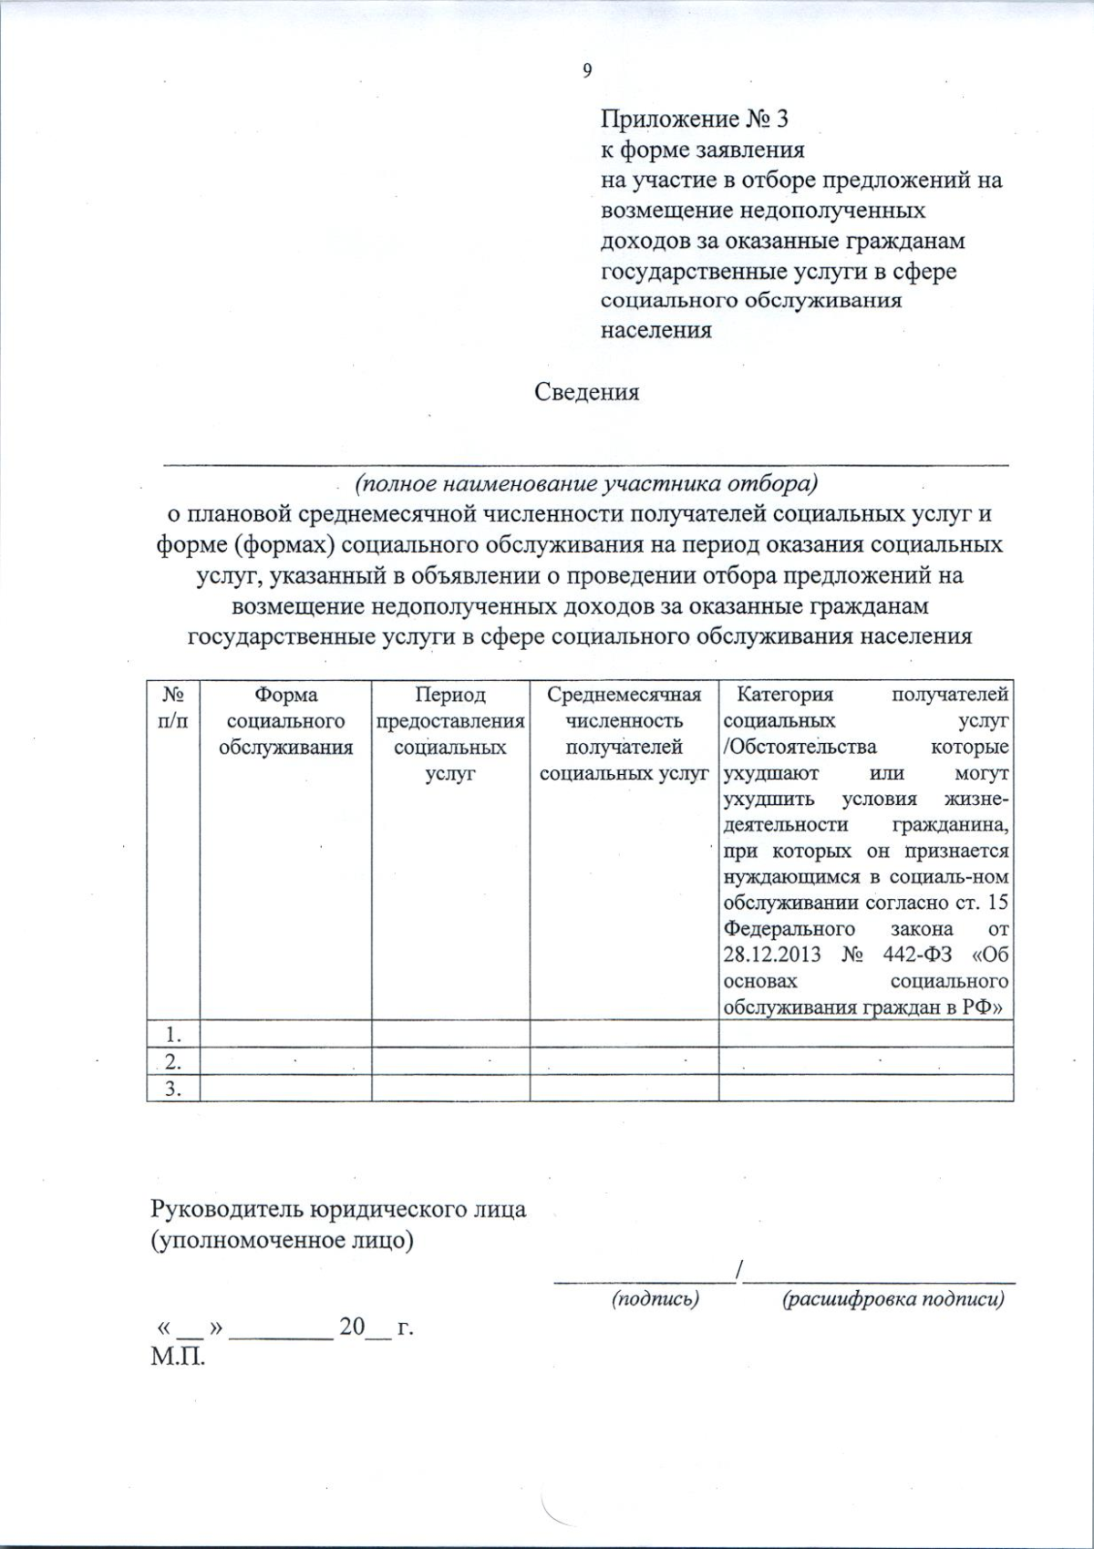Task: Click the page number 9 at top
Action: pos(587,71)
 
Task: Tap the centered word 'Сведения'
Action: pos(586,392)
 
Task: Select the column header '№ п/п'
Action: pos(173,707)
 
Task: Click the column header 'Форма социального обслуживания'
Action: pos(285,721)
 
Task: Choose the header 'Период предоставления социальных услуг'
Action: pos(450,734)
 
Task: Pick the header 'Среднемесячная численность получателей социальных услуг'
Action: pos(624,734)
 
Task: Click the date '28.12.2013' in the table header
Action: pos(771,955)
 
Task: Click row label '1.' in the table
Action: pos(173,1034)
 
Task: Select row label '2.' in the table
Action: pos(173,1061)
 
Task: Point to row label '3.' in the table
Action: pos(173,1089)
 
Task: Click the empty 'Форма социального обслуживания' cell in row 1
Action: pos(285,1034)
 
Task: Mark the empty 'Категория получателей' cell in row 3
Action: pos(866,1089)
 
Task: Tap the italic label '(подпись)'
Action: pos(655,1299)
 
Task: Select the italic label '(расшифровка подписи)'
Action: pos(893,1299)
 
